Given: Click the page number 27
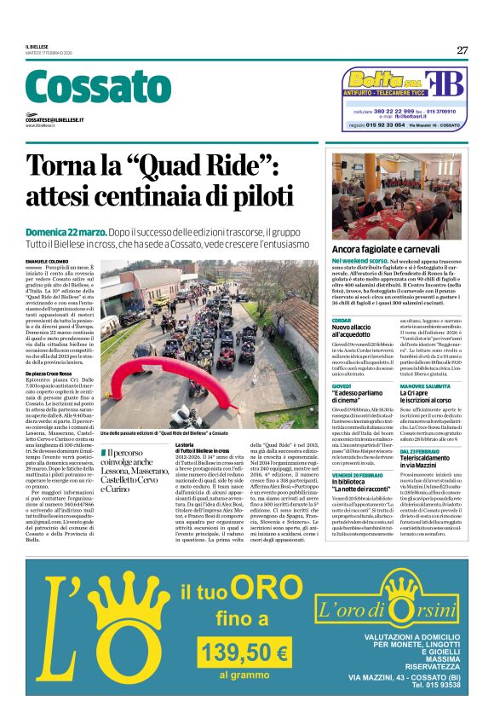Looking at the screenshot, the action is pyautogui.click(x=462, y=49).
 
